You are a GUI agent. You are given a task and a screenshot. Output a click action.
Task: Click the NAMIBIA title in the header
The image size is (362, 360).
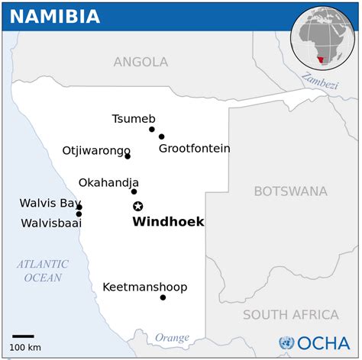55,16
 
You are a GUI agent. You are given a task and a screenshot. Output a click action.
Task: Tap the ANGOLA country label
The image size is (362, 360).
141,62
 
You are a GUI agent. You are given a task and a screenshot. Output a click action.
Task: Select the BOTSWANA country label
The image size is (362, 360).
290,191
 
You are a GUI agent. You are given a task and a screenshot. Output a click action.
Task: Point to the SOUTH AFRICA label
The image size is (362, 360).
290,314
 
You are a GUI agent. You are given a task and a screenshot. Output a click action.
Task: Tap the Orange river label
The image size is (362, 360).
172,337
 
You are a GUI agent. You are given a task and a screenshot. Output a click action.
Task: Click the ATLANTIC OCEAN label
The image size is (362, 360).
43,271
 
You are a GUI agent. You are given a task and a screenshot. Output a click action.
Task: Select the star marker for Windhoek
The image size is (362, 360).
138,206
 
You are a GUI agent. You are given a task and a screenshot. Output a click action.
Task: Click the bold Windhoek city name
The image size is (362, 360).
168,222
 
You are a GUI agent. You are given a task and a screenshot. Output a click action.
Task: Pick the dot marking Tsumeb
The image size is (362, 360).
152,129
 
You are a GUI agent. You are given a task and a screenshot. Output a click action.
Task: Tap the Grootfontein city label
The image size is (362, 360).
194,149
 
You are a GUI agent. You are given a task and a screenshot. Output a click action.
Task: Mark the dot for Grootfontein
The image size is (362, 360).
161,137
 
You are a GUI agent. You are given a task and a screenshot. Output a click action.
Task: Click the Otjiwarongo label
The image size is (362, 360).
96,150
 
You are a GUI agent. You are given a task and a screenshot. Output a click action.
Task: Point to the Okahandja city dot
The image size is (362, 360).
134,191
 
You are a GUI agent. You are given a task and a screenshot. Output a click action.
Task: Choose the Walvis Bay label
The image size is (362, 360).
50,204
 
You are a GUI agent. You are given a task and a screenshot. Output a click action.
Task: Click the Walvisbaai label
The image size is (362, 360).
50,223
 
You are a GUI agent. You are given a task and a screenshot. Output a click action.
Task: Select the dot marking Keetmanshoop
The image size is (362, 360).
163,297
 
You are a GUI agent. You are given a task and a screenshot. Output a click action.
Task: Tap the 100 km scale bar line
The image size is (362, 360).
23,336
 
